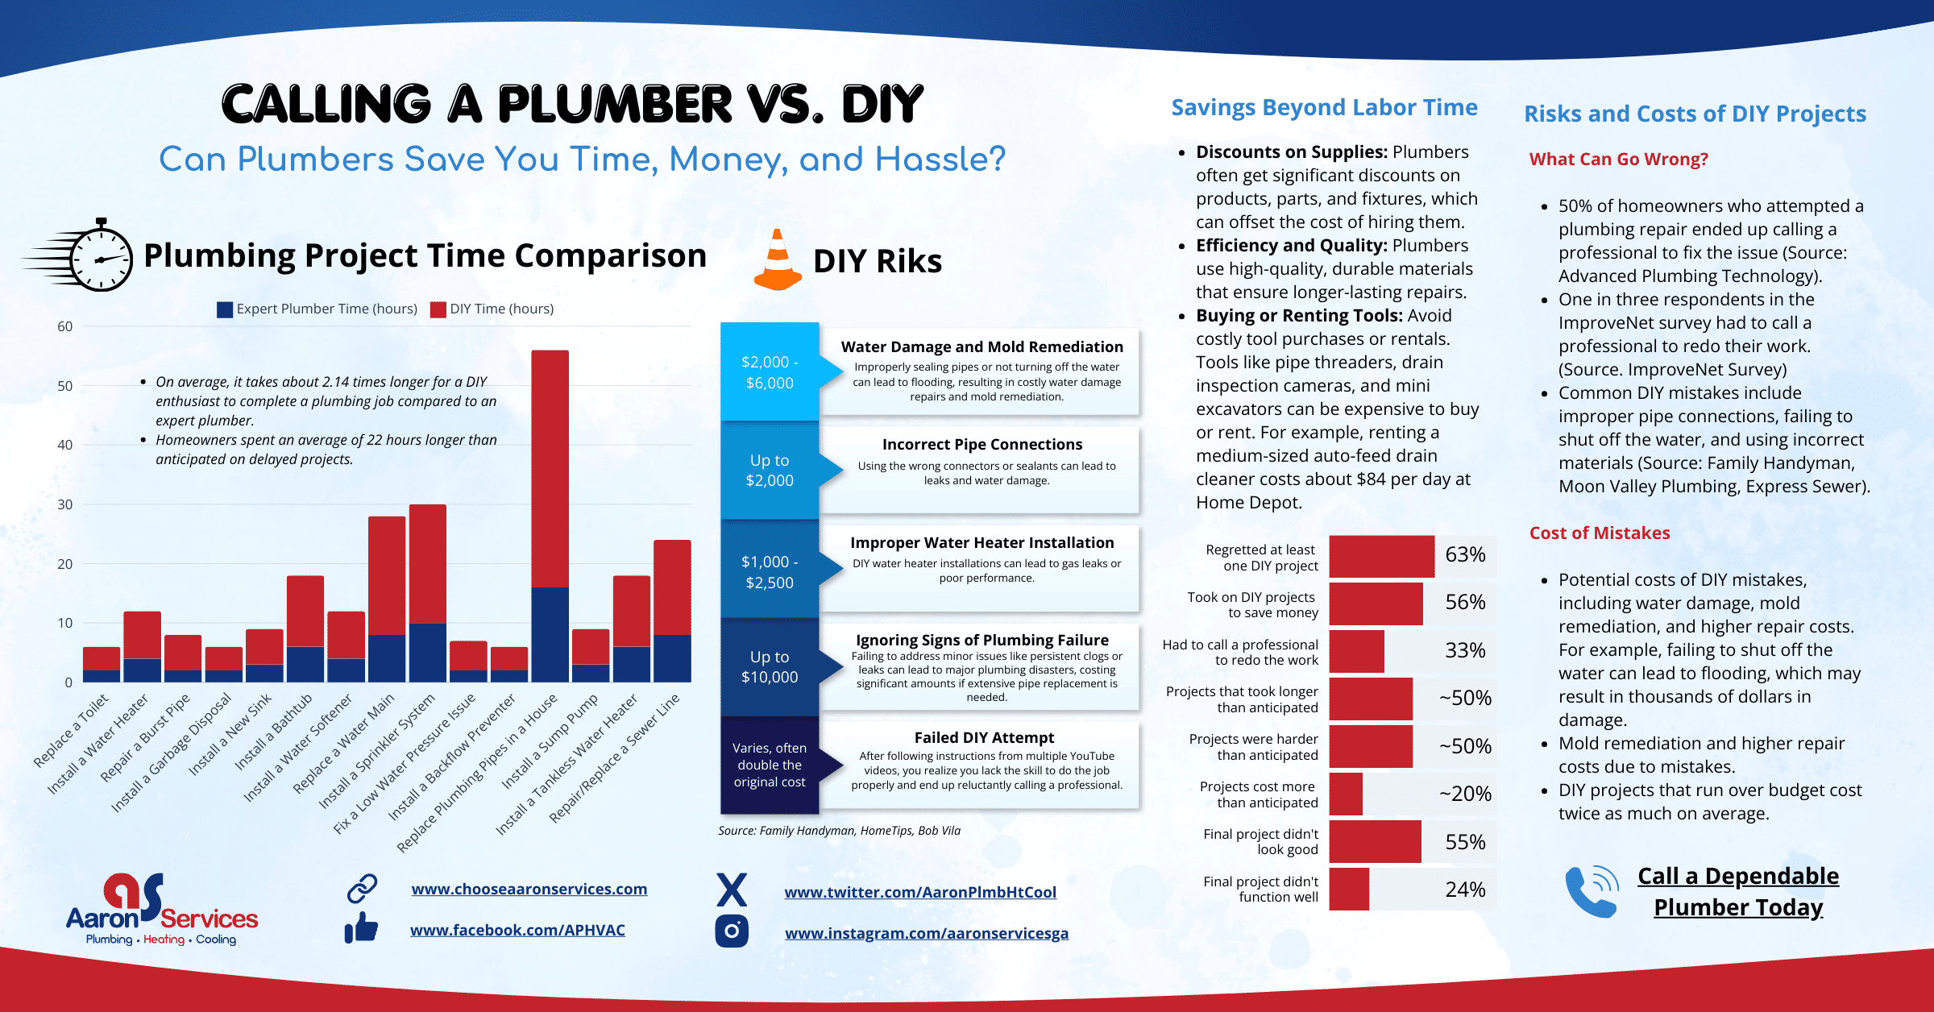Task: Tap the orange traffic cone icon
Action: [778, 261]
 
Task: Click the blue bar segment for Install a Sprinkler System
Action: [428, 653]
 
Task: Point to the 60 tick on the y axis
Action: [64, 326]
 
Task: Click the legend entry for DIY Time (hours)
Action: [492, 309]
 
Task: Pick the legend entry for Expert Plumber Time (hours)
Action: [317, 309]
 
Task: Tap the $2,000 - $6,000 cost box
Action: [770, 372]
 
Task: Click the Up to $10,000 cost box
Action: [770, 667]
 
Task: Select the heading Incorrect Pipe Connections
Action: [982, 445]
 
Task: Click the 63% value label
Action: [1464, 554]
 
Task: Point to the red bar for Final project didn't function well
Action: [1349, 890]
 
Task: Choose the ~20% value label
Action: [1464, 794]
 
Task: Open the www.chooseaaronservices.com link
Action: [529, 889]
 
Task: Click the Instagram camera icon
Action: [732, 931]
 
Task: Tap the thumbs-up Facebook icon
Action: [362, 928]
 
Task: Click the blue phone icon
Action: [1591, 891]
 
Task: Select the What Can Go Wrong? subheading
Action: [1618, 160]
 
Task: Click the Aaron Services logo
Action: [161, 910]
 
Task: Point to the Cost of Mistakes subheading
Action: [1599, 533]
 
